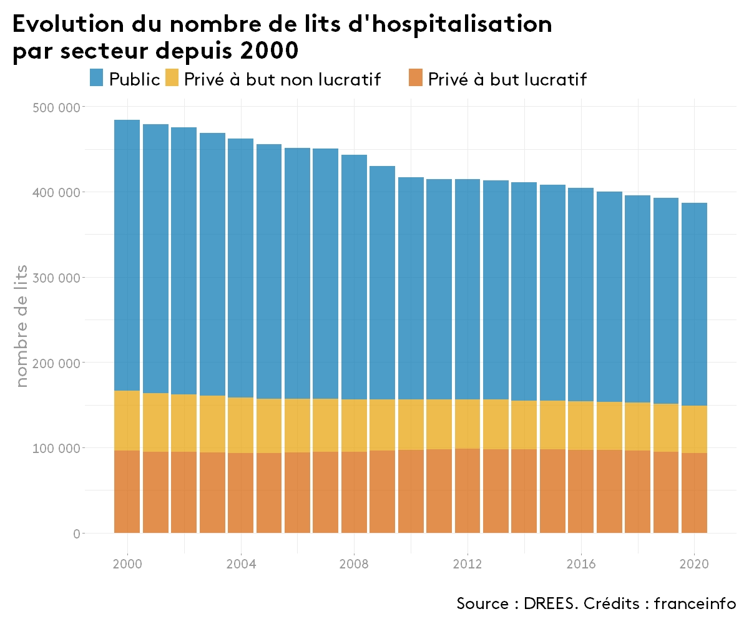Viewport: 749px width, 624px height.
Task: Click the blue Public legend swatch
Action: coord(97,79)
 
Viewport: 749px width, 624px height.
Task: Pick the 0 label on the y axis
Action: coord(76,534)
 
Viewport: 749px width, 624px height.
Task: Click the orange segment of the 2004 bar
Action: coord(241,493)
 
